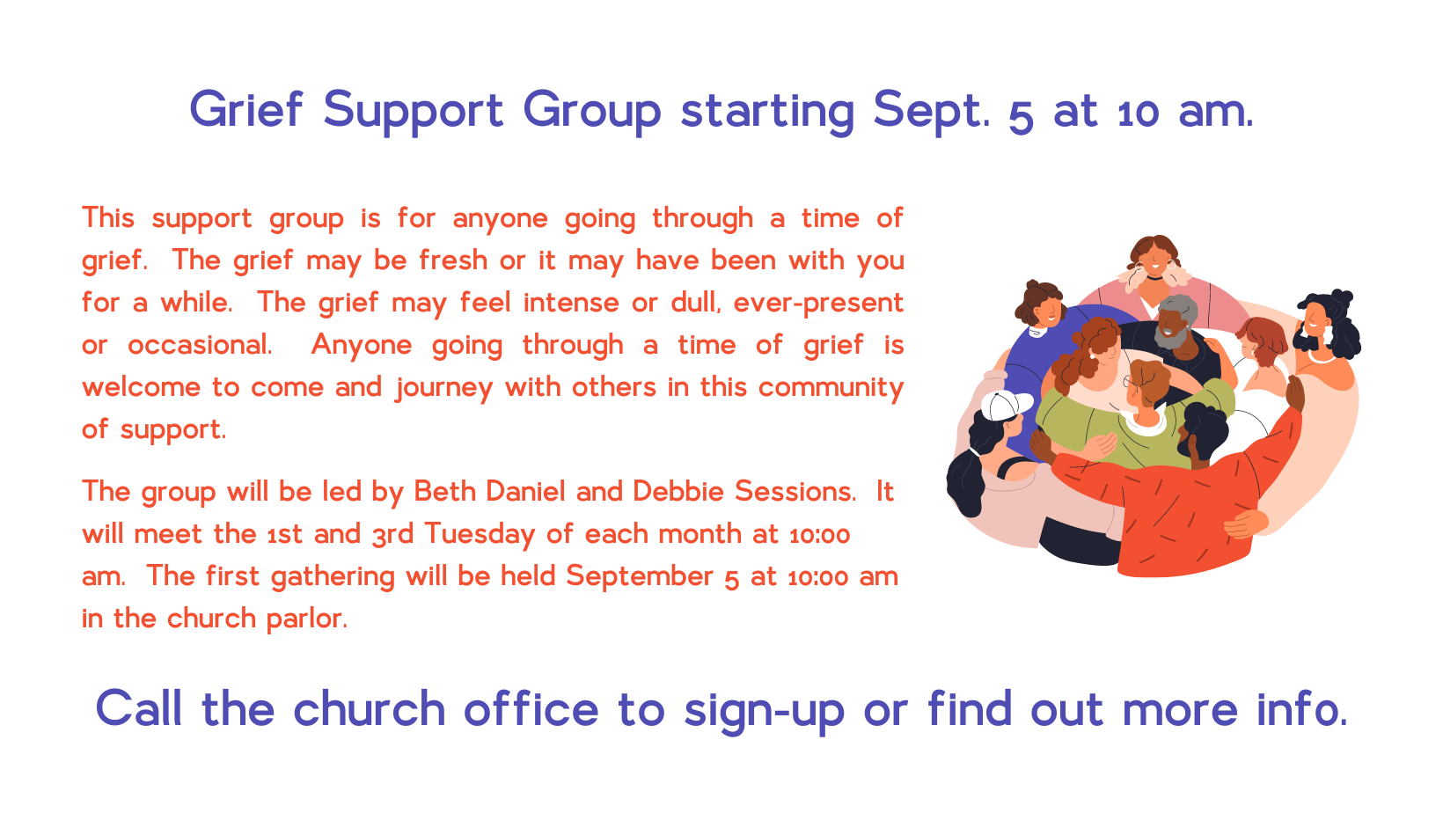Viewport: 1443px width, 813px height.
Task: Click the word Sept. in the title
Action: [932, 112]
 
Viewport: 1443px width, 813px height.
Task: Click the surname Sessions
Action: [795, 491]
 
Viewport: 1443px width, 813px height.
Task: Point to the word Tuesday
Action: [480, 535]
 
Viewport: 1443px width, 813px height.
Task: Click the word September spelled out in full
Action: [639, 576]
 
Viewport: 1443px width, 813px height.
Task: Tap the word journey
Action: [443, 388]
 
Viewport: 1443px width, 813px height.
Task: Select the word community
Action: [831, 388]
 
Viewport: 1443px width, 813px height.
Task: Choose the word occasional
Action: [200, 345]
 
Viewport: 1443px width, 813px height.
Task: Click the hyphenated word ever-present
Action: [819, 304]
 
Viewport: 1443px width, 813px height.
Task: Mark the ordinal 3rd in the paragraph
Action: [392, 535]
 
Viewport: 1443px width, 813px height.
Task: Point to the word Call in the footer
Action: [139, 708]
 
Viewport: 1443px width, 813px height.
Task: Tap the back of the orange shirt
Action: [1179, 516]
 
